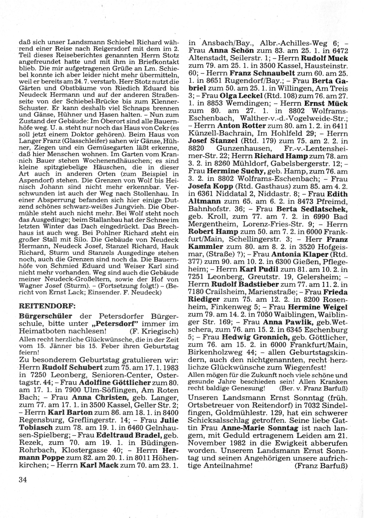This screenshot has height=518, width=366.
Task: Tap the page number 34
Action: [22, 479]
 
